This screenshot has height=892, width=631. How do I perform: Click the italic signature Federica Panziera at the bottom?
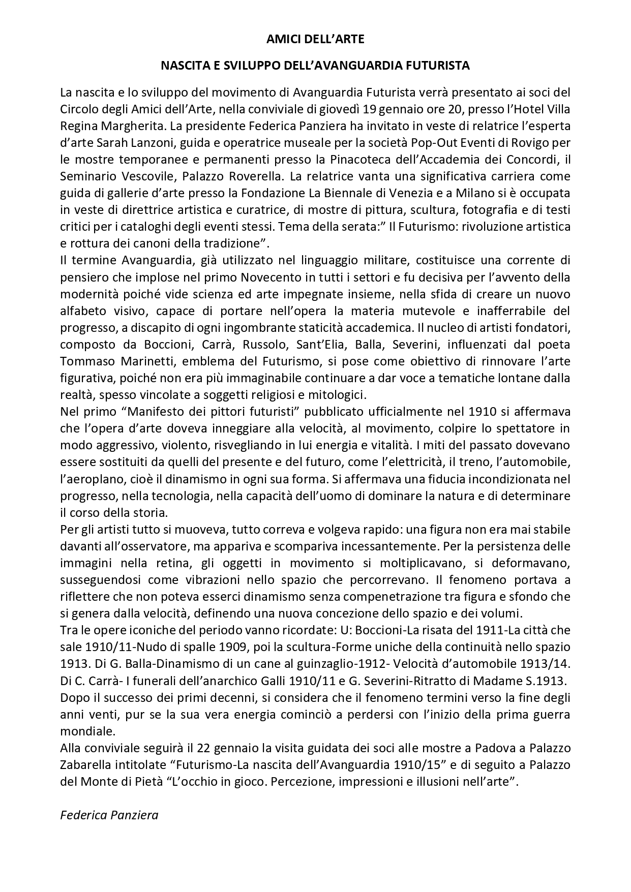109,815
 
